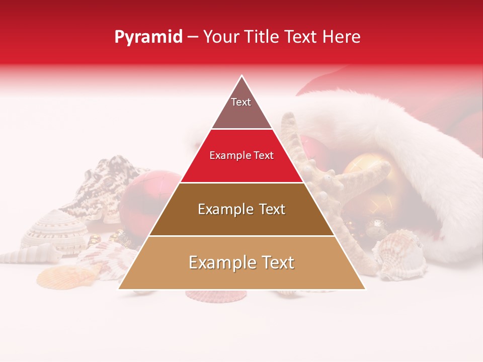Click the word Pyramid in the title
[x=148, y=37]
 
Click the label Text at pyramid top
[x=241, y=102]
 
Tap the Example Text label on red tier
[x=242, y=155]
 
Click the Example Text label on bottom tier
[x=242, y=262]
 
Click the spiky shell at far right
[x=403, y=254]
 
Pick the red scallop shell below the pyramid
[x=216, y=295]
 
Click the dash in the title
[x=193, y=37]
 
